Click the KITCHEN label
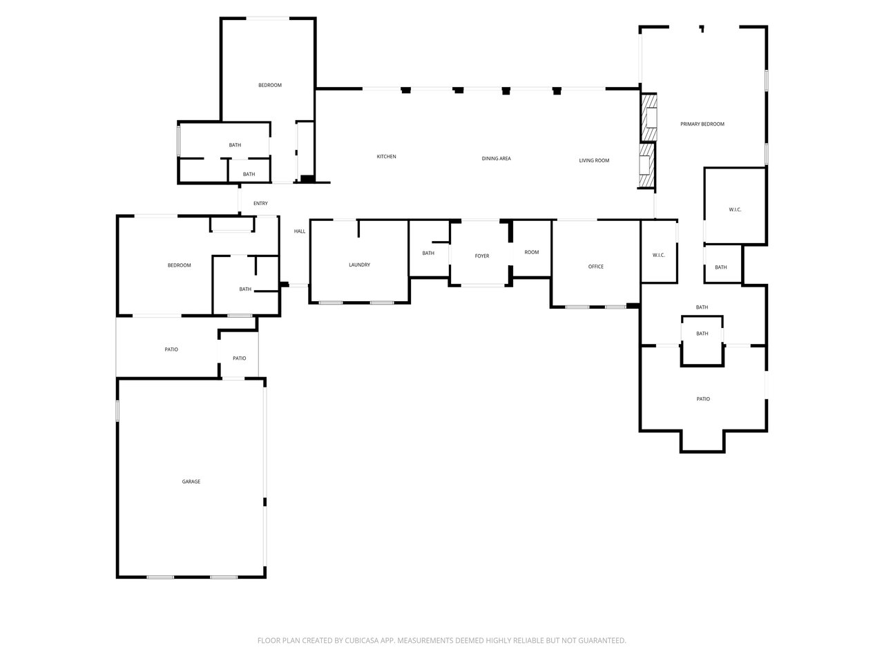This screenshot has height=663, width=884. (x=386, y=157)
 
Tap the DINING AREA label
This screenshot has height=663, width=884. (x=496, y=159)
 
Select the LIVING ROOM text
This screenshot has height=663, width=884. (x=594, y=161)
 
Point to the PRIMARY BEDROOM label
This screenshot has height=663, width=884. (x=702, y=124)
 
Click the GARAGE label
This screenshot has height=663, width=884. (x=191, y=481)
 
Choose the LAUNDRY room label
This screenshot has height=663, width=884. (x=359, y=265)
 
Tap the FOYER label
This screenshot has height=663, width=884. (x=482, y=256)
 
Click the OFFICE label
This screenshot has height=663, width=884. (x=595, y=267)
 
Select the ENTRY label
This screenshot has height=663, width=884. (x=260, y=203)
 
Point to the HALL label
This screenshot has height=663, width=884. (x=300, y=231)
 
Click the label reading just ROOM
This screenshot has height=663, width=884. (x=531, y=252)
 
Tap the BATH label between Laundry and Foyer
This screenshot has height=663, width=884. (x=428, y=253)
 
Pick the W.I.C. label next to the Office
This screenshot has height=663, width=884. (x=658, y=256)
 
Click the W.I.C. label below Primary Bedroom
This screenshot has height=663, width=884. (x=735, y=209)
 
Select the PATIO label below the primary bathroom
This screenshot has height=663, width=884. (x=703, y=399)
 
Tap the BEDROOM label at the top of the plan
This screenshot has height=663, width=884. (x=270, y=85)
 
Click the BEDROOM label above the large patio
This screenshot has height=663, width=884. (x=179, y=265)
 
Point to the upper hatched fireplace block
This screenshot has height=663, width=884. (x=648, y=117)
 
